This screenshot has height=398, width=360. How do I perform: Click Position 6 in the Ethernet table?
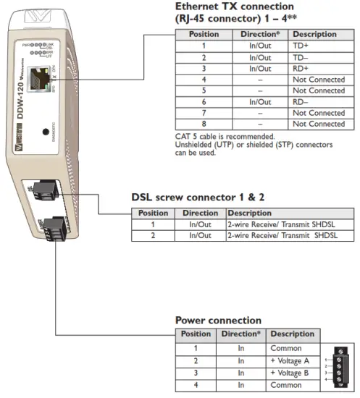[204, 102]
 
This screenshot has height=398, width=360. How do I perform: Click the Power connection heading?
[218, 320]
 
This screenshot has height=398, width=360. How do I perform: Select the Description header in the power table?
[292, 334]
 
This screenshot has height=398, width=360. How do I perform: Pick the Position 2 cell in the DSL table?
[153, 235]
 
